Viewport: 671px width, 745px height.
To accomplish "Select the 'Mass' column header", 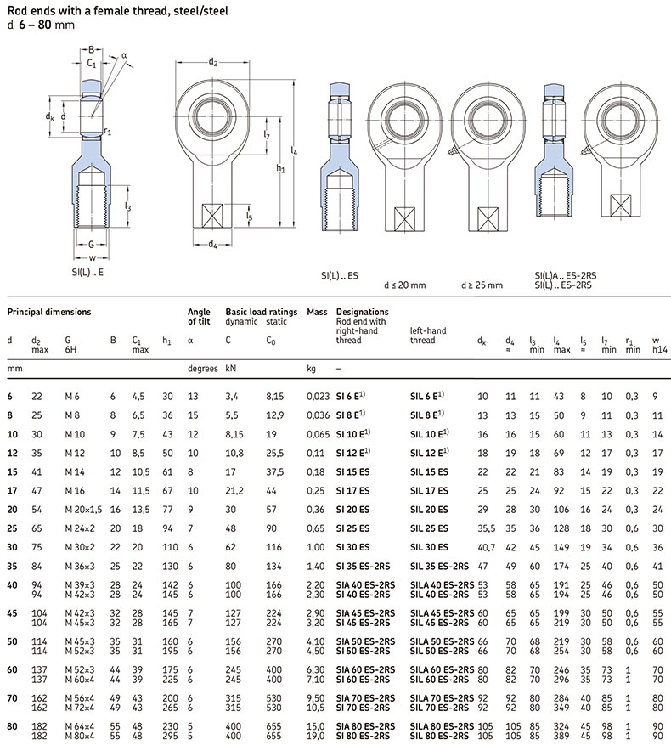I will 317,312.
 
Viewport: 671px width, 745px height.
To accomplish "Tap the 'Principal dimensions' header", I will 48,312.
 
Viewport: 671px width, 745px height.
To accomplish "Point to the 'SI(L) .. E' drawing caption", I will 89,273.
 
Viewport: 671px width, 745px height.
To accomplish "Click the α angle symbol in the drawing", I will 124,55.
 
